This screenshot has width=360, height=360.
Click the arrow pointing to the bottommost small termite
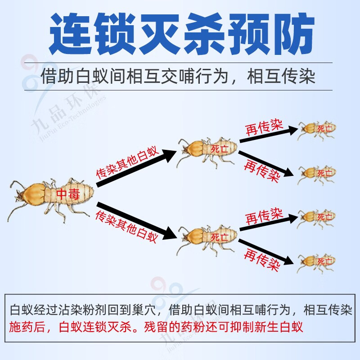[x=269, y=252]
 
